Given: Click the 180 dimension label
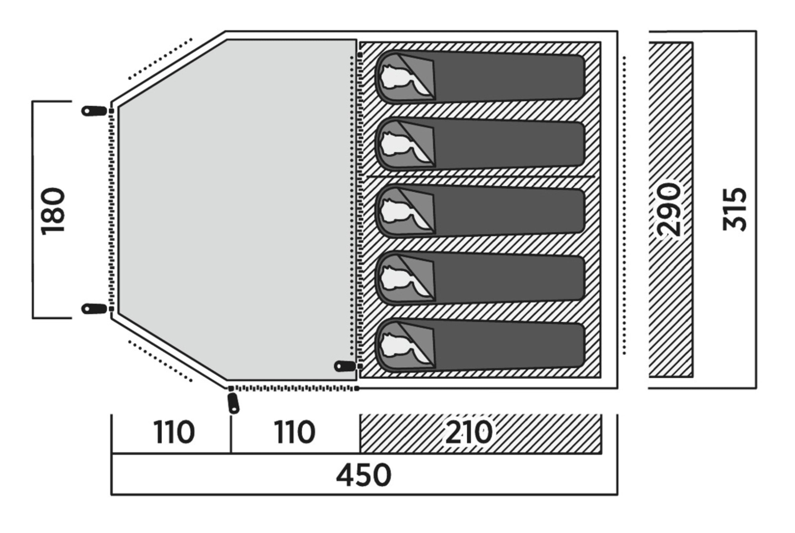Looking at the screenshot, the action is pos(53,211).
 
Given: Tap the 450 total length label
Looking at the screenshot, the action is pos(363,475).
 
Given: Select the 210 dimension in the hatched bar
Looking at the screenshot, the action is pos(469,432).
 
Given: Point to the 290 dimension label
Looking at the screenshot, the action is pos(669,209).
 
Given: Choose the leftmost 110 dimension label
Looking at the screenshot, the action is pos(174,432).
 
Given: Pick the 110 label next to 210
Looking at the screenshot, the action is pos(295,432).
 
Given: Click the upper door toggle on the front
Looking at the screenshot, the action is pos(94,111).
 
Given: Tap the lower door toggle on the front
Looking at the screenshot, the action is pos(94,309).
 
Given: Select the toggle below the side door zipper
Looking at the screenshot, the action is pos(233,403).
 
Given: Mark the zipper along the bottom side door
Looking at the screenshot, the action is pos(294,388).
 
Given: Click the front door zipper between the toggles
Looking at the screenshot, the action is pos(111,210).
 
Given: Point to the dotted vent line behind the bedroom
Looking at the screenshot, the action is pos(624,206).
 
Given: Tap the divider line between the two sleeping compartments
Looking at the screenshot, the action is pos(480,177).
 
